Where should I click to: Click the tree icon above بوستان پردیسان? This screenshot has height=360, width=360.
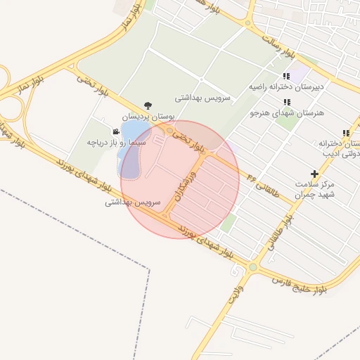click(x=146, y=105)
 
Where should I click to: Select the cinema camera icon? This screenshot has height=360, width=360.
click(x=115, y=131)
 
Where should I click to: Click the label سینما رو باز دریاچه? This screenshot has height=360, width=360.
click(x=116, y=142)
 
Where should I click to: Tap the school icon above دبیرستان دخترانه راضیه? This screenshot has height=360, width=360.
click(x=285, y=76)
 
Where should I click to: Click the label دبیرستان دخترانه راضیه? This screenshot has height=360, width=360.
click(x=285, y=87)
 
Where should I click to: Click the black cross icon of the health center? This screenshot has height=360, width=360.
click(x=314, y=173)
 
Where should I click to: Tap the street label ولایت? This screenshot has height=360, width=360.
click(x=235, y=294)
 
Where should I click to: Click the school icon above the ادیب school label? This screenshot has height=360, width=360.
click(x=345, y=133)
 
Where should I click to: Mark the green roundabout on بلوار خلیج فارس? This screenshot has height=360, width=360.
click(x=252, y=267)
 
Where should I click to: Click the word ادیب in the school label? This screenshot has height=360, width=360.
click(x=331, y=153)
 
